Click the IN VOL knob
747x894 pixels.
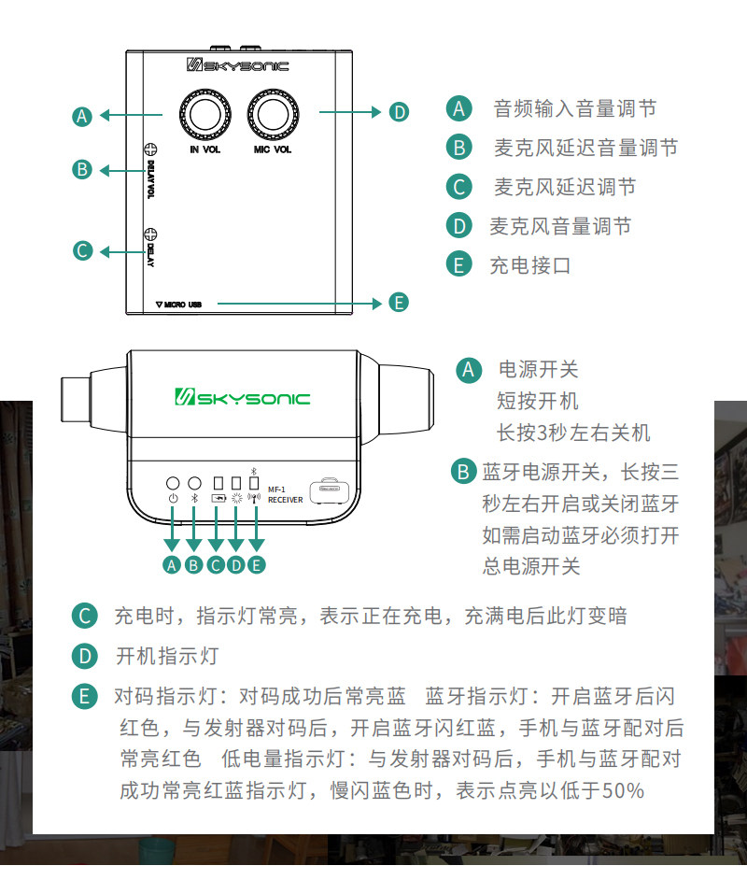pyautogui.click(x=206, y=114)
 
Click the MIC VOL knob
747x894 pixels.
pyautogui.click(x=273, y=114)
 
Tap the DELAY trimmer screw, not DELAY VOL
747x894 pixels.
pyautogui.click(x=149, y=234)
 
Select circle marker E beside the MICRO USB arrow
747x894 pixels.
pyautogui.click(x=399, y=303)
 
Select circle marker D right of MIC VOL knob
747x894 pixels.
pyautogui.click(x=399, y=112)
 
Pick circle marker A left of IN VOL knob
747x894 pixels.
pyautogui.click(x=82, y=116)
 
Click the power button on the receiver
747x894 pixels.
pyautogui.click(x=173, y=483)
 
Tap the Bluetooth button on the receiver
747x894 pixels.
pyautogui.click(x=194, y=483)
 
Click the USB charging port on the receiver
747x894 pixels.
pyautogui.click(x=329, y=486)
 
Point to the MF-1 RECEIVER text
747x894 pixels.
pyautogui.click(x=285, y=494)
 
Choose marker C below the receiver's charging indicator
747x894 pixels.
pyautogui.click(x=216, y=563)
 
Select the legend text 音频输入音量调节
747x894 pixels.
pyautogui.click(x=574, y=108)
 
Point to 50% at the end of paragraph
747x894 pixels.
pyautogui.click(x=623, y=790)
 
